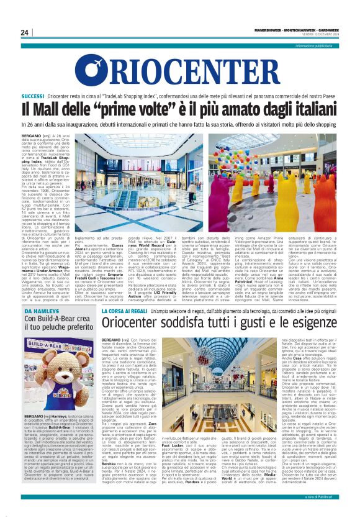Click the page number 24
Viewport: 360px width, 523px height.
(24, 32)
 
